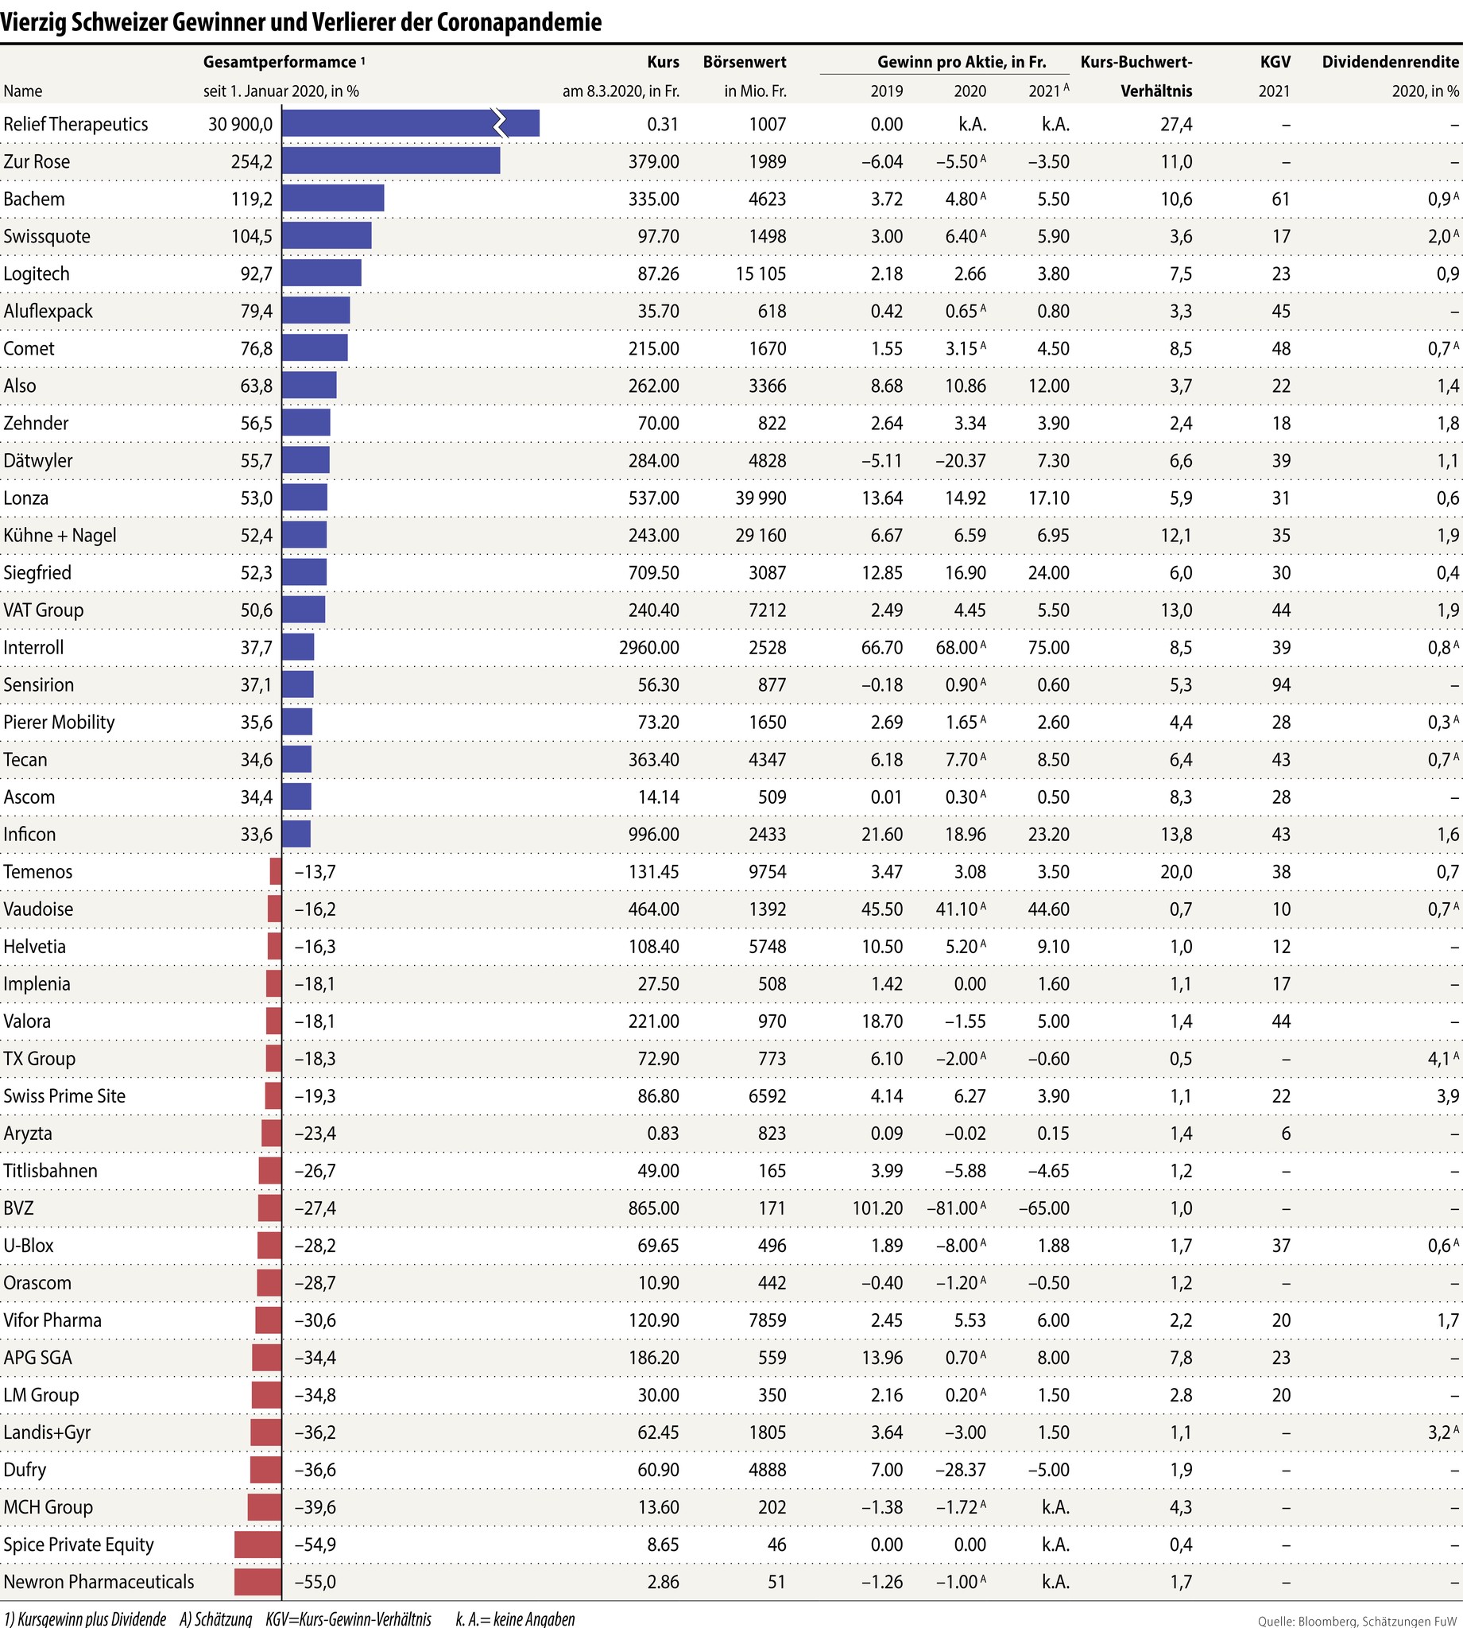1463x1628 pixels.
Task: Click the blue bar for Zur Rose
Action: tap(391, 161)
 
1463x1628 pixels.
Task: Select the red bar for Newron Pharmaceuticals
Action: tap(258, 1581)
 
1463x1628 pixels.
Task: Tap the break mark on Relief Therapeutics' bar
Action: tap(500, 124)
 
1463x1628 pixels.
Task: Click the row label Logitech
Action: tap(37, 273)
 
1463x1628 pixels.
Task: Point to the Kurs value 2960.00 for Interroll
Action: tap(648, 647)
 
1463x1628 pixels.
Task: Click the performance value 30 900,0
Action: tap(240, 124)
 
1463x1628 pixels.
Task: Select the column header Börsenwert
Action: tap(745, 62)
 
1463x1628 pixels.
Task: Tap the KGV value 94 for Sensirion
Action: tap(1280, 684)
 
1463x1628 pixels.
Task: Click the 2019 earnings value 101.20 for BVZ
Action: tap(877, 1207)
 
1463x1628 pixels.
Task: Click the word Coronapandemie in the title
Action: tap(519, 22)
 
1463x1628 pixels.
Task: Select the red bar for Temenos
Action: tap(276, 871)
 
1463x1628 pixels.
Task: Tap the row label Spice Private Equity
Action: tap(79, 1544)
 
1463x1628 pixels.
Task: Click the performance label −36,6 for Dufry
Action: tap(315, 1469)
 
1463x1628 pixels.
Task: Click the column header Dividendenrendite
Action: tap(1390, 62)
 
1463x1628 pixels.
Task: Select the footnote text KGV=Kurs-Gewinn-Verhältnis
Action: tap(348, 1618)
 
